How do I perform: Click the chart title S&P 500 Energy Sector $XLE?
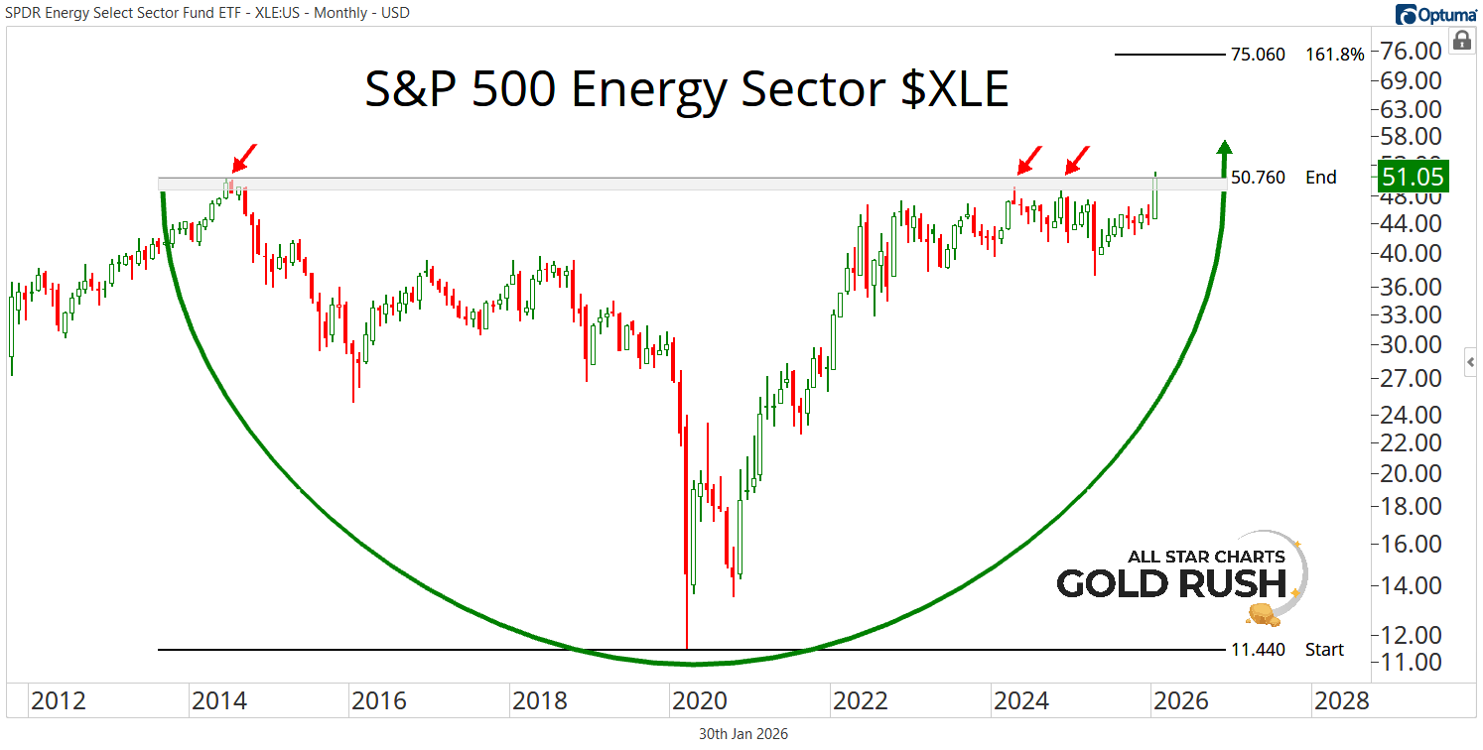point(686,90)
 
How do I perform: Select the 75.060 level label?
point(1258,55)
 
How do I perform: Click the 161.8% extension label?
point(1335,55)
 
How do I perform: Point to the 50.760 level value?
point(1258,178)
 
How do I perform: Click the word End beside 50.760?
point(1321,178)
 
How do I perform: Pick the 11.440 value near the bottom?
point(1258,650)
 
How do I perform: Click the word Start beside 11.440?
point(1324,650)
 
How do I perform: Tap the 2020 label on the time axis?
point(701,701)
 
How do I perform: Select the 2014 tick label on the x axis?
point(219,701)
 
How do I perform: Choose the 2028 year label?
point(1341,701)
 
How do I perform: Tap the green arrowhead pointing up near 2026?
point(1225,148)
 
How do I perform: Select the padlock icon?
point(1461,40)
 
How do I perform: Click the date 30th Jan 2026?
point(741,734)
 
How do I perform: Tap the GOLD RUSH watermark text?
point(1170,582)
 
